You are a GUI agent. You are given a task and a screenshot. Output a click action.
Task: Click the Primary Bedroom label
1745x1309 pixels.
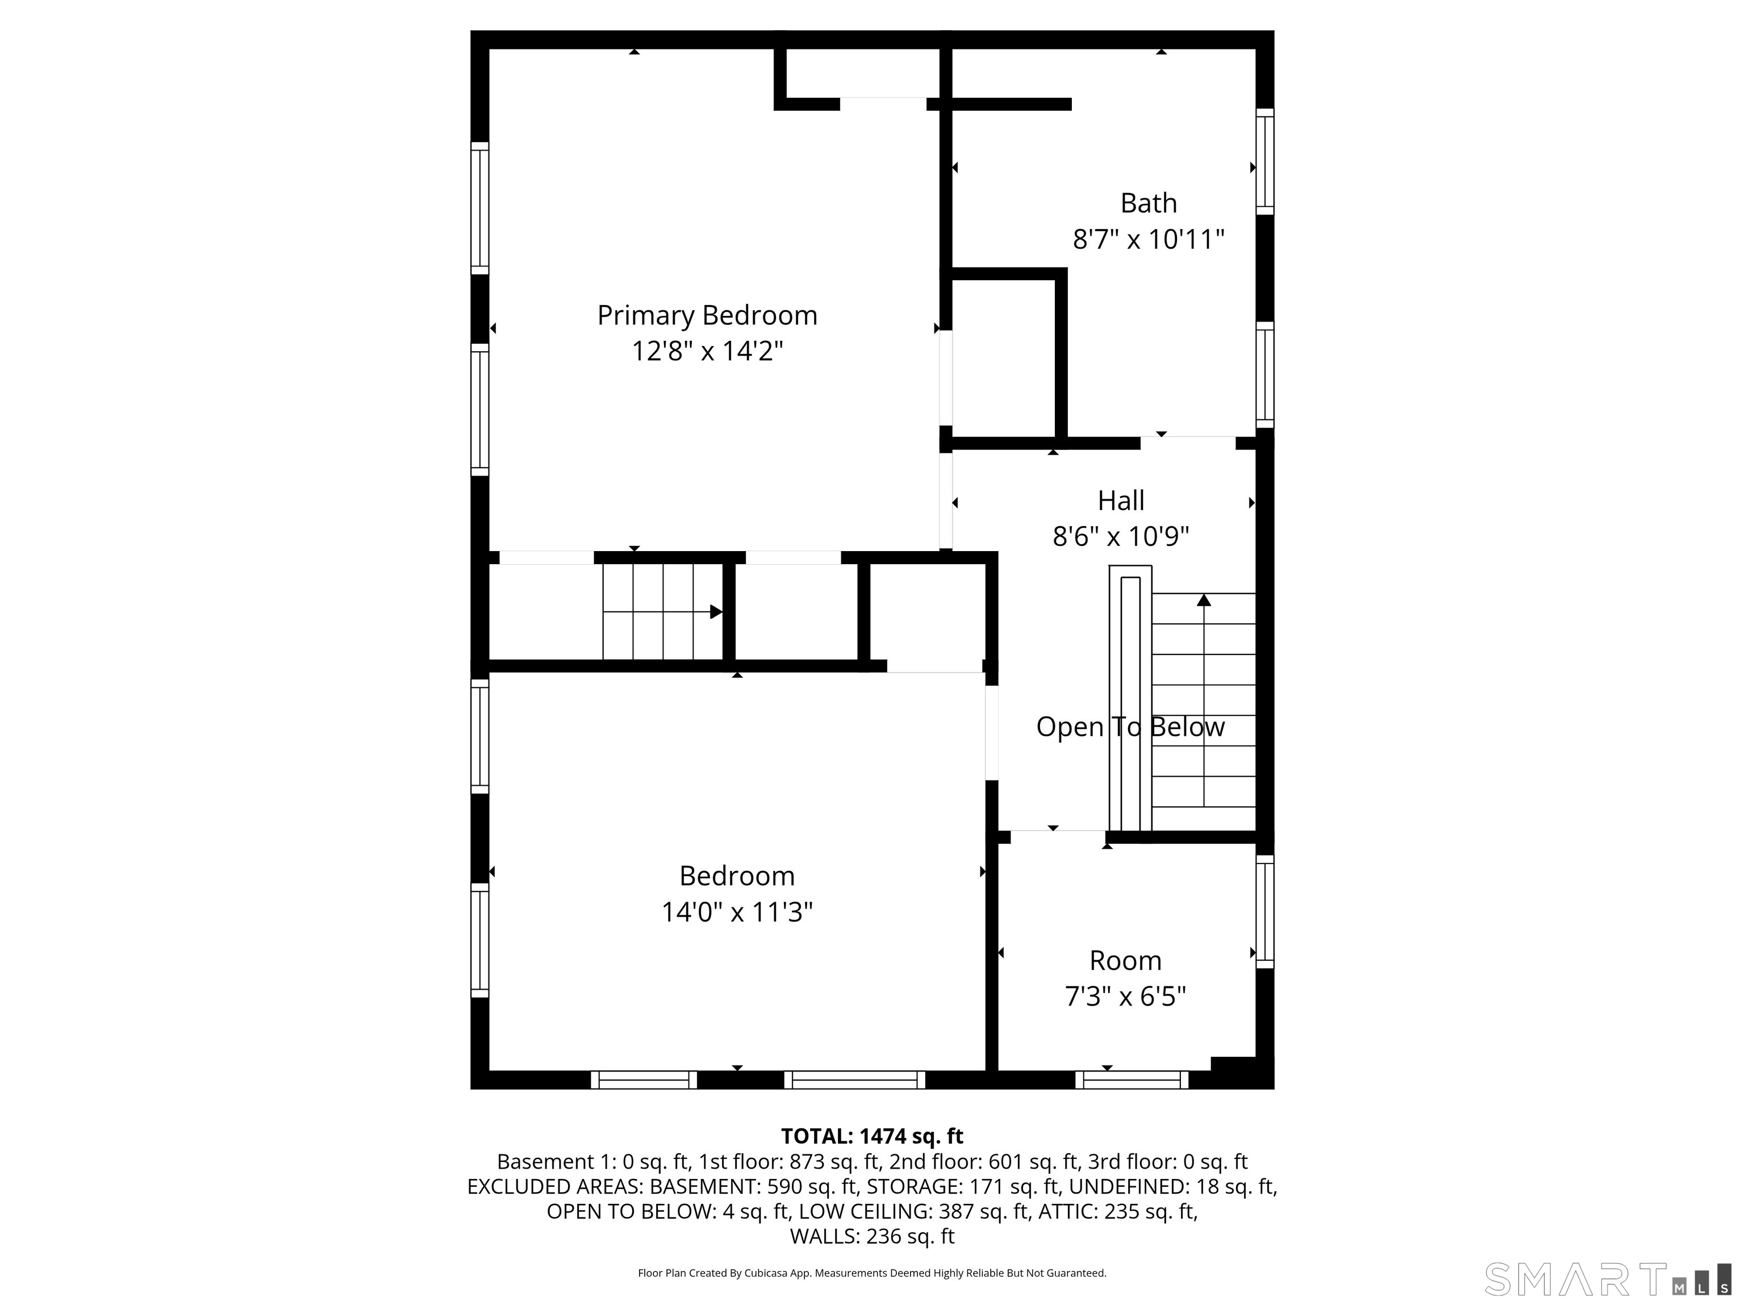point(707,316)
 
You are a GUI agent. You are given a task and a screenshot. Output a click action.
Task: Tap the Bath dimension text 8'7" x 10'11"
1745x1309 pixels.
point(1148,239)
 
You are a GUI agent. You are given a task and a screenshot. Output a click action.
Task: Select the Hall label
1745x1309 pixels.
point(1121,501)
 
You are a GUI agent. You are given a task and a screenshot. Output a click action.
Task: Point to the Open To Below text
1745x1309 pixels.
point(1130,727)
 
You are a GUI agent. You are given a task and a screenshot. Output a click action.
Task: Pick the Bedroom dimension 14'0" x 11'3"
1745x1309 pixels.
point(737,912)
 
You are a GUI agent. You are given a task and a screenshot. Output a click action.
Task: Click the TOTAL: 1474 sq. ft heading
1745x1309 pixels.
point(872,1136)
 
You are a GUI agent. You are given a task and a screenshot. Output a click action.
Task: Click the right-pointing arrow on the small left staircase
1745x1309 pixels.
point(716,611)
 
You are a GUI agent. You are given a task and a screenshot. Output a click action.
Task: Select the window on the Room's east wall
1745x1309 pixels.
point(1264,911)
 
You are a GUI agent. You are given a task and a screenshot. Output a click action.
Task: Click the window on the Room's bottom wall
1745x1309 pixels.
point(1132,1079)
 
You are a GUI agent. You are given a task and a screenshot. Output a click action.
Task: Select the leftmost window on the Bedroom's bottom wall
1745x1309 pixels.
point(644,1079)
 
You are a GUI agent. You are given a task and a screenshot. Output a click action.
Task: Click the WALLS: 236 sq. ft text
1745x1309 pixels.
point(872,1236)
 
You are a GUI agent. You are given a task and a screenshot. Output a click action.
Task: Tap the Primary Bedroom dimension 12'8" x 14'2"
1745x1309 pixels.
point(707,351)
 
